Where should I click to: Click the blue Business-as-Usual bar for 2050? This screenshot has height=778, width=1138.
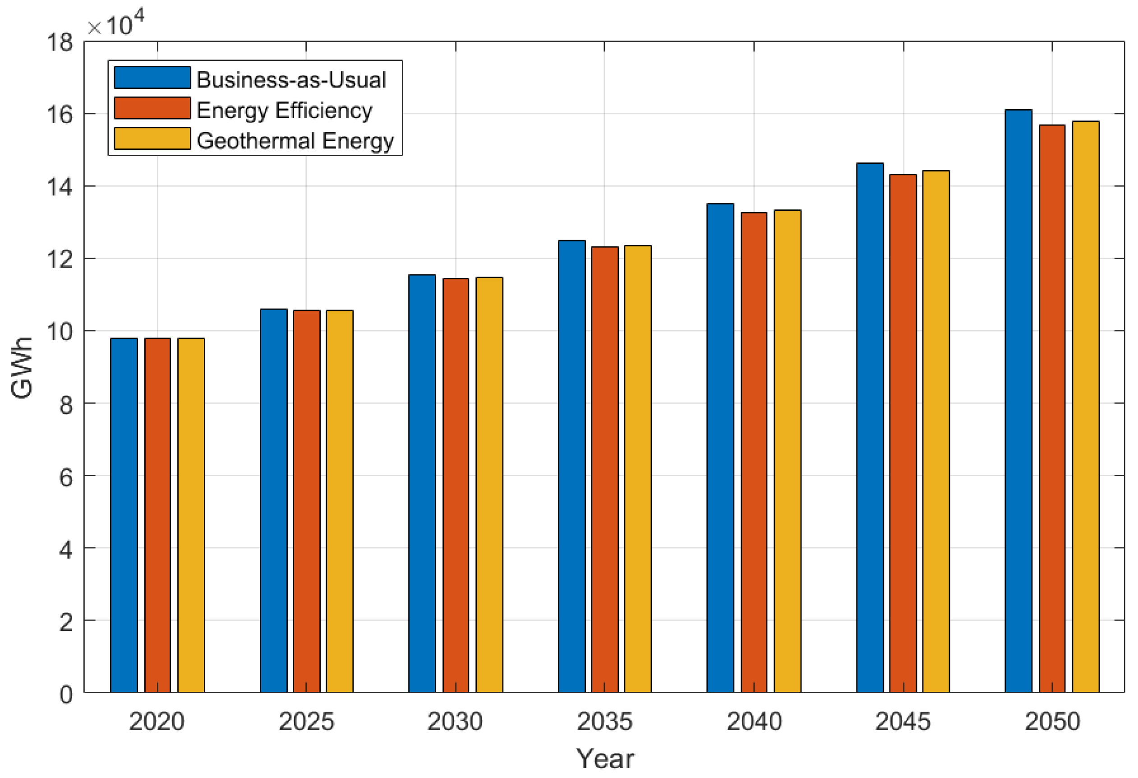tap(1018, 402)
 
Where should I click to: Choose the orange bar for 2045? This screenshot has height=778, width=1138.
tap(903, 434)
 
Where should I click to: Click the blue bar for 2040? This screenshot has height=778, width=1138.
tap(720, 448)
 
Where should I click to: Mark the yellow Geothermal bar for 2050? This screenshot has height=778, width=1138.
tap(1086, 407)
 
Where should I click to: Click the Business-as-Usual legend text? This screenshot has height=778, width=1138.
tap(291, 80)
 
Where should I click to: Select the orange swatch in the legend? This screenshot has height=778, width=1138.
tap(152, 108)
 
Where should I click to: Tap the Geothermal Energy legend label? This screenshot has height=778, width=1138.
tap(295, 141)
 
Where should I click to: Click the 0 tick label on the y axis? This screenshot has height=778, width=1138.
tap(66, 695)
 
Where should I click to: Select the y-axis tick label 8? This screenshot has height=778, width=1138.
tap(66, 405)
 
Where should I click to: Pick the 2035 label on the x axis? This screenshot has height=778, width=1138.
tap(604, 722)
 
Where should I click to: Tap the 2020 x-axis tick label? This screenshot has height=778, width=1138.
tap(157, 722)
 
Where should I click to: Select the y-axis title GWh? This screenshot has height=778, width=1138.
tap(22, 367)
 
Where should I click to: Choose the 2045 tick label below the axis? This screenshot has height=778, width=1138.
tap(903, 722)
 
